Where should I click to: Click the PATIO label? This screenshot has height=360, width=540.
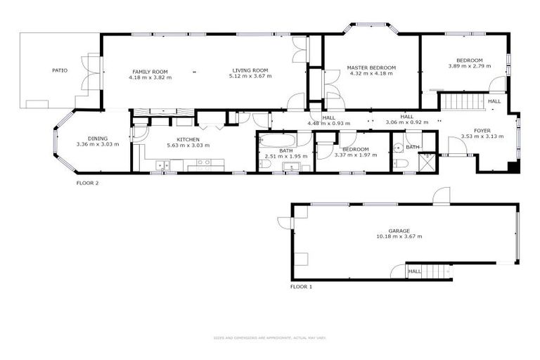tap(60, 70)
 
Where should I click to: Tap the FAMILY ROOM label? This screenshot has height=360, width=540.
tap(150, 71)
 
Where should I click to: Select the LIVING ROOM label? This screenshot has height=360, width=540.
tap(250, 70)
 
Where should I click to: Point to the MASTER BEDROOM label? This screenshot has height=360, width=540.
tap(371, 67)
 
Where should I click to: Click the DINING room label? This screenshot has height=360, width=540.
tap(97, 139)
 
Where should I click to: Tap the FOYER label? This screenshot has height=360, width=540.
tap(482, 131)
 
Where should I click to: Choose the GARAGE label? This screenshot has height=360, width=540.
tap(399, 231)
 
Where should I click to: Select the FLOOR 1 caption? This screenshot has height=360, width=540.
tap(301, 287)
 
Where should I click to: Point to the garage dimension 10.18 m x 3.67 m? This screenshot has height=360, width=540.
tap(399, 237)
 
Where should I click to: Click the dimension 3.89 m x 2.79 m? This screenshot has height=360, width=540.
tap(469, 66)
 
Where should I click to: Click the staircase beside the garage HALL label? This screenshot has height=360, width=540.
tap(437, 271)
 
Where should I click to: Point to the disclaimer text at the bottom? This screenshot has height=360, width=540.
tap(270, 337)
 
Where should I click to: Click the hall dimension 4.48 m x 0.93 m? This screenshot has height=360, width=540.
tap(329, 123)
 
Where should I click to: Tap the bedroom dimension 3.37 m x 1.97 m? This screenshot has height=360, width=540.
tap(356, 155)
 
